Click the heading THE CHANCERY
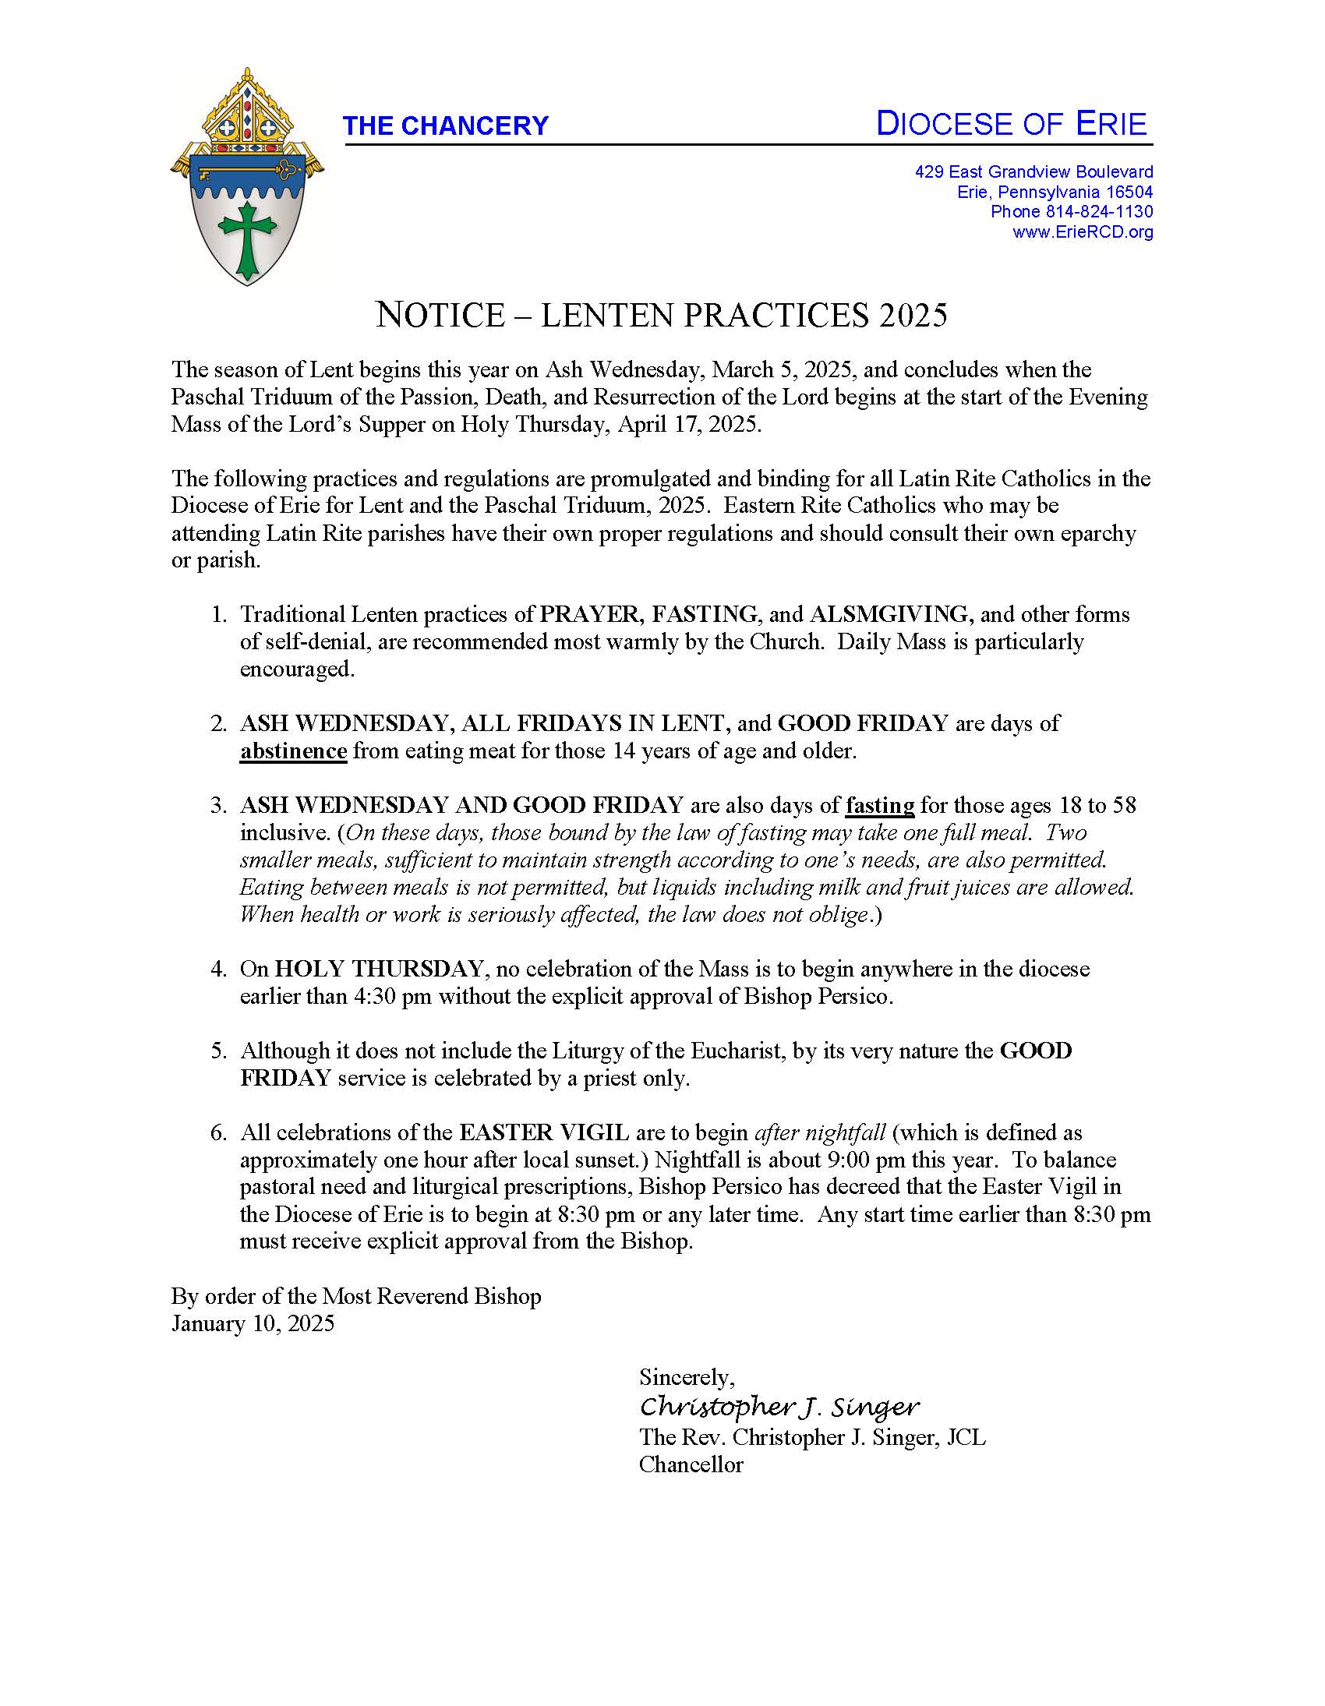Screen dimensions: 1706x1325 coord(445,125)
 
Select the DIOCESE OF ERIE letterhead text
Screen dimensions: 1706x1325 coord(1011,124)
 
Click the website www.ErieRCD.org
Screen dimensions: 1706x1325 coord(1083,232)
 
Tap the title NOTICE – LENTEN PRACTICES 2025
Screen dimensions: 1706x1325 coord(661,315)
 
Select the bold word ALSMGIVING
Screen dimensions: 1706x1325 coord(891,614)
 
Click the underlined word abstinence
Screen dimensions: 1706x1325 coord(293,751)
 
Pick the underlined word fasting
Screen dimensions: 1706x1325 coord(880,804)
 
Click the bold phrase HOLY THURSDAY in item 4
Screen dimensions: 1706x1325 coord(378,969)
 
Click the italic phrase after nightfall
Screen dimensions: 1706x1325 coord(819,1132)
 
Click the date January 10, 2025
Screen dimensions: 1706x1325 coord(253,1323)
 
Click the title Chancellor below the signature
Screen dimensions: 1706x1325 coord(691,1464)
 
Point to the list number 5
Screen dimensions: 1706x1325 coord(219,1051)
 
